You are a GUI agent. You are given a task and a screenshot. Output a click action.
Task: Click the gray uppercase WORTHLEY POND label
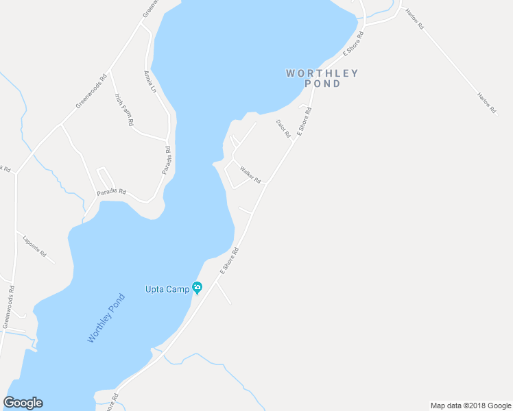point(322,78)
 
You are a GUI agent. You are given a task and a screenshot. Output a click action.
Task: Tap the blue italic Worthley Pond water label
point(106,319)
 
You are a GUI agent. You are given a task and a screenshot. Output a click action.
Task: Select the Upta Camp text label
point(167,289)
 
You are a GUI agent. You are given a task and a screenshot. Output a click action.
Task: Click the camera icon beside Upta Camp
point(198,288)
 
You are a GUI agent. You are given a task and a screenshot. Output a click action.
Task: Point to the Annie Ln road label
point(150,81)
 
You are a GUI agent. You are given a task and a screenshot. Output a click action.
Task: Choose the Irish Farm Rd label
point(124,110)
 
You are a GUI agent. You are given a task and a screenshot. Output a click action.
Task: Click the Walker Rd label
point(250,174)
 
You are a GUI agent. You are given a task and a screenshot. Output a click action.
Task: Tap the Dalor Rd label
point(283,128)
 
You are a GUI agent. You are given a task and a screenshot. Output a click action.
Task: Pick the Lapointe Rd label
point(34,248)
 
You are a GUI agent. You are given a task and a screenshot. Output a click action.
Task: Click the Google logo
point(23,403)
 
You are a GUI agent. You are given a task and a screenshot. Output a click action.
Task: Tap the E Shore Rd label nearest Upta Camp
point(228,262)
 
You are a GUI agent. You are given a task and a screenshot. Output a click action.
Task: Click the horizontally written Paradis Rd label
point(111,192)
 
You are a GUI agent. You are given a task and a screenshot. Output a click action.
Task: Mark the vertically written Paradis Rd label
point(167,160)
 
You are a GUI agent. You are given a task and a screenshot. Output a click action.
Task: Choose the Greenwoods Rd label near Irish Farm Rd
point(91,91)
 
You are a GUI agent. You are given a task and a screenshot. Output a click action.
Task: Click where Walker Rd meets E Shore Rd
point(267,183)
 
